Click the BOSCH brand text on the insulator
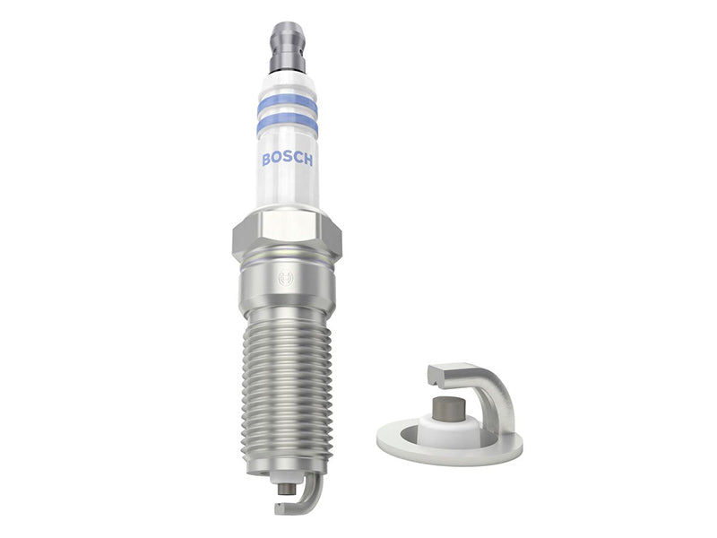(288, 159)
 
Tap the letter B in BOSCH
(266, 159)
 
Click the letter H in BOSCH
(308, 160)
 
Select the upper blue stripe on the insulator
(287, 104)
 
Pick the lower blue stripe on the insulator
(287, 124)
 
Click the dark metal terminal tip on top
(288, 48)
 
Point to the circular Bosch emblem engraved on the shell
(286, 278)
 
